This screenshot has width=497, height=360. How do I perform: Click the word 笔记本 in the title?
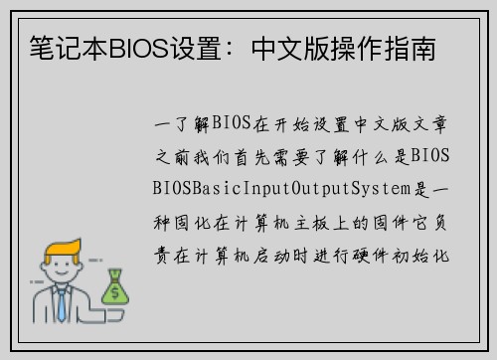coord(58,47)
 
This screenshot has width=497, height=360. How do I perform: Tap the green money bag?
coord(115,287)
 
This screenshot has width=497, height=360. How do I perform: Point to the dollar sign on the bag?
coord(115,292)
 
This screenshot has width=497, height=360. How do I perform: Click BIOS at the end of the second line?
coord(430,156)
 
